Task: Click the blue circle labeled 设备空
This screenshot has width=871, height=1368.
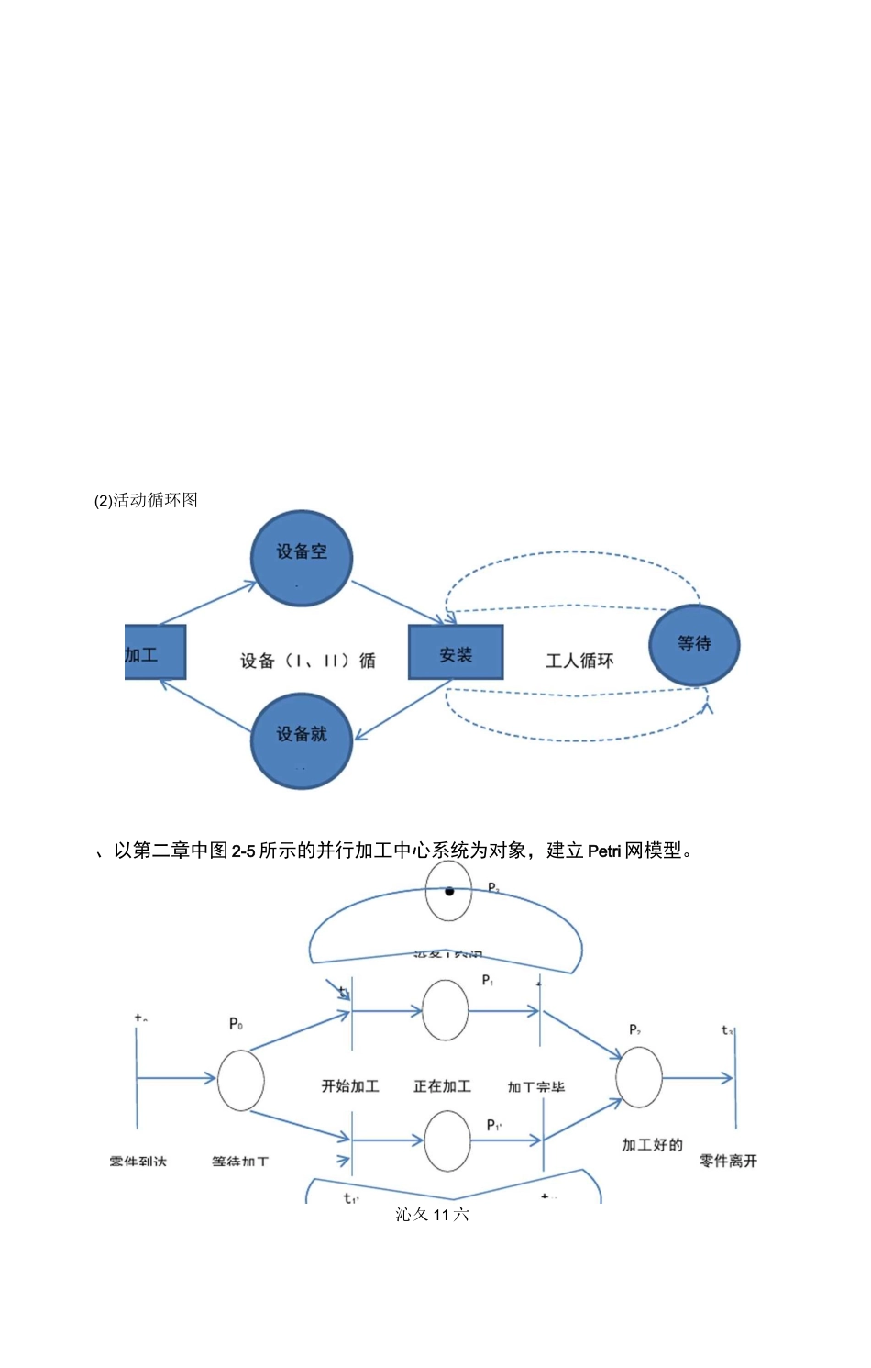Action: point(302,558)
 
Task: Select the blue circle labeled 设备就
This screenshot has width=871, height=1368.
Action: point(302,740)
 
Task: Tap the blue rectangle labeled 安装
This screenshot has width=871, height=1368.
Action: point(456,652)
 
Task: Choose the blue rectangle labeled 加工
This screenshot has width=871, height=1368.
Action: point(154,652)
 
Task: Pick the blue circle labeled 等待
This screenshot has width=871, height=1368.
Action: point(694,645)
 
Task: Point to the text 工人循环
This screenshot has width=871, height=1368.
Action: point(579,661)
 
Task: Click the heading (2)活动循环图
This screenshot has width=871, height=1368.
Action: point(147,500)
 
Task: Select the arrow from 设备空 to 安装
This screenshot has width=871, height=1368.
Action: point(397,602)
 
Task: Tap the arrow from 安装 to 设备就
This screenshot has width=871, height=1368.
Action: point(403,709)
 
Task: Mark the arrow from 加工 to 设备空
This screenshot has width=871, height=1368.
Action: point(207,603)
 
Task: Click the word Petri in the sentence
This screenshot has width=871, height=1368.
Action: point(604,851)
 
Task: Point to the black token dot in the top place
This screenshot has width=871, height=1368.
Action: point(449,891)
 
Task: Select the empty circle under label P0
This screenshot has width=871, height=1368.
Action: point(241,1081)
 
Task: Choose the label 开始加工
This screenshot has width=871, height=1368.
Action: point(350,1086)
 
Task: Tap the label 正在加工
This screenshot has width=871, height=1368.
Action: point(442,1086)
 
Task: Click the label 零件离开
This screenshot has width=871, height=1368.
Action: point(728,1161)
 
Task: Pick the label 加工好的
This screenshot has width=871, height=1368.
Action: point(652,1145)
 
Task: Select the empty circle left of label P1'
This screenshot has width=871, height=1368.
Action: point(447,1140)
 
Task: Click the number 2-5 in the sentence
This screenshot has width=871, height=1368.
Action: point(243,851)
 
